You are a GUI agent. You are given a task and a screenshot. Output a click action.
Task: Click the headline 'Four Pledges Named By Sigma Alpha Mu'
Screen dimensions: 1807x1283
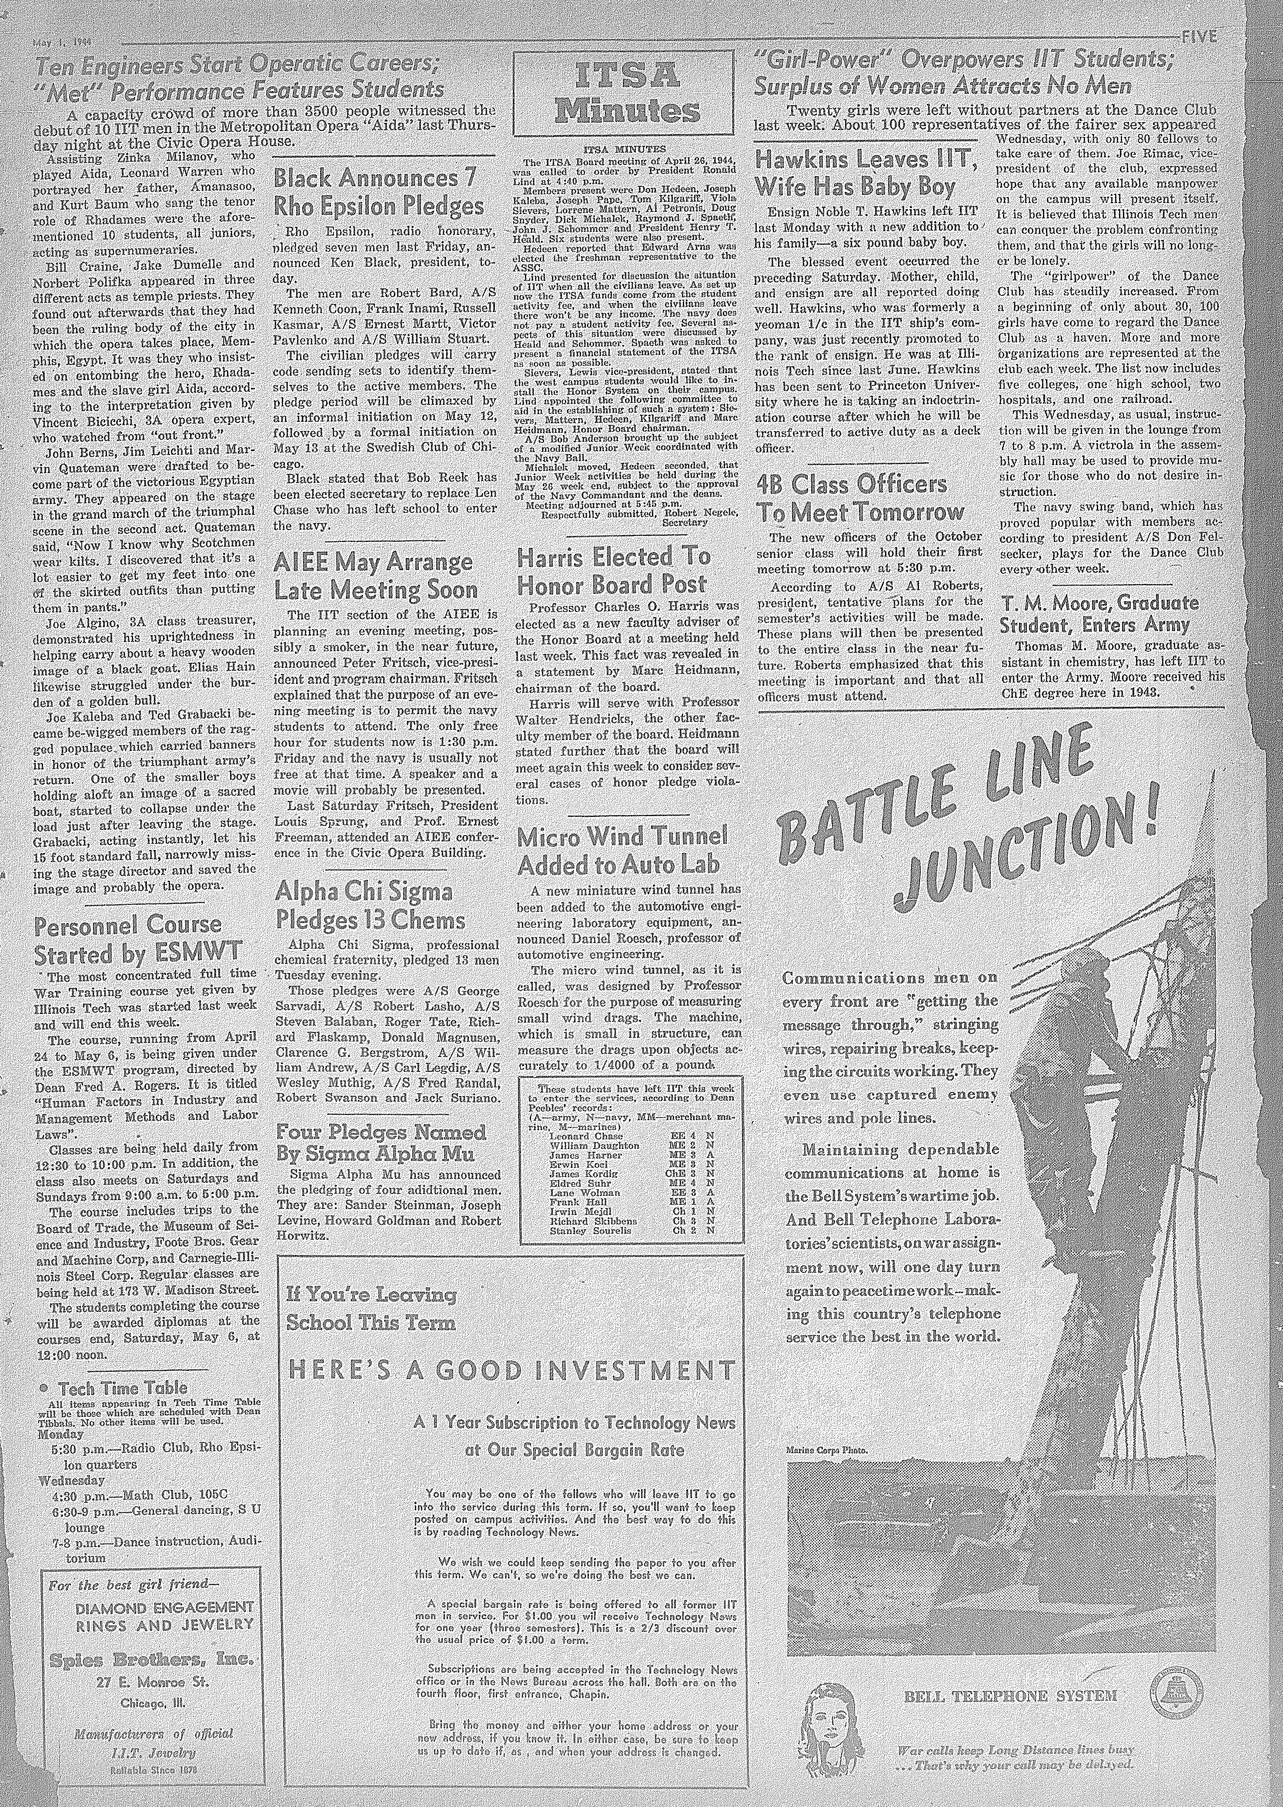381,1142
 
